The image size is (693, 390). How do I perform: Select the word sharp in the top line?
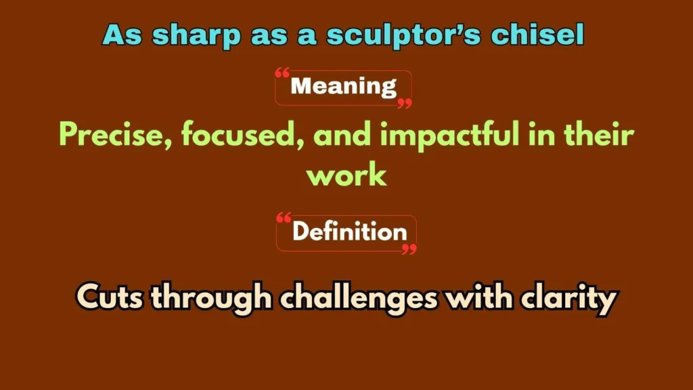click(x=190, y=35)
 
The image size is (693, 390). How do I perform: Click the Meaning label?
click(x=343, y=86)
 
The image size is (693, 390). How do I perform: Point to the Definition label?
click(x=349, y=232)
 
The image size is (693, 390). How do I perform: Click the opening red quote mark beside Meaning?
click(x=283, y=73)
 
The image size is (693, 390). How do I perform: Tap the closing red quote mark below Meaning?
click(x=404, y=103)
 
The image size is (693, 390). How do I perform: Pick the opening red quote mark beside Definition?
click(x=284, y=218)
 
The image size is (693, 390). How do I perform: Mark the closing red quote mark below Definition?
click(x=409, y=248)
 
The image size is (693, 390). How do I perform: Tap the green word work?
click(x=346, y=175)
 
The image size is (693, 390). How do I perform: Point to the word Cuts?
click(x=108, y=298)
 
